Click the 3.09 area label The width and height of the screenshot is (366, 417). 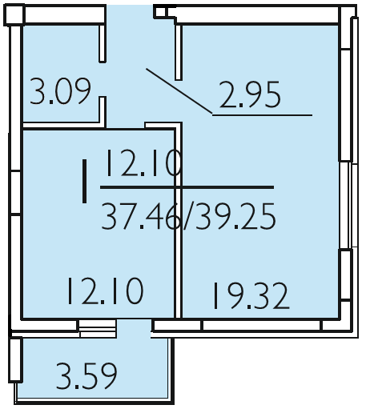point(60,91)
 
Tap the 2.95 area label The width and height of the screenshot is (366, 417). point(250,94)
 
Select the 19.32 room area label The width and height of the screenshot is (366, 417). point(251,296)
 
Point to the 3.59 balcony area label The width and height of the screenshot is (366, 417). point(86,375)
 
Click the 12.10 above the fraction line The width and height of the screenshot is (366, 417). point(143,162)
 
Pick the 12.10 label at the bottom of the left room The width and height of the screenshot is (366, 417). point(106,291)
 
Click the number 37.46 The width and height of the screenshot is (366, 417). point(141,216)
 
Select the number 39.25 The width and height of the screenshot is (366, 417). point(235,216)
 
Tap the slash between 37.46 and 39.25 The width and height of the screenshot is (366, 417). point(188,216)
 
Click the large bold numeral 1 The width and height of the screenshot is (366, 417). point(84,181)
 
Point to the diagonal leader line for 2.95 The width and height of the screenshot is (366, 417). point(179,91)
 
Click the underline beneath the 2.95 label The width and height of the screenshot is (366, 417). point(263,115)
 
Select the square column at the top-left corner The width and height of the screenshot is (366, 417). point(14,15)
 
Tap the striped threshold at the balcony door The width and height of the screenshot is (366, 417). point(98,329)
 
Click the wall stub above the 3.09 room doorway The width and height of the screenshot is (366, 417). point(103,44)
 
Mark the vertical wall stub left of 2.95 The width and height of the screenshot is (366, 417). point(179,52)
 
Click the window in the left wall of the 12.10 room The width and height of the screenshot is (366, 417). point(16,192)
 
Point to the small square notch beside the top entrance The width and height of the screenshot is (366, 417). point(161,12)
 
